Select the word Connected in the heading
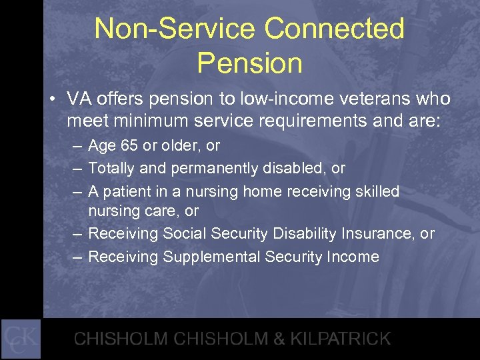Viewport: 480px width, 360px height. tap(335, 29)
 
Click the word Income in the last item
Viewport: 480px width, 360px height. tap(354, 257)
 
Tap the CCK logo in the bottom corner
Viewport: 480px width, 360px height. tap(21, 339)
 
